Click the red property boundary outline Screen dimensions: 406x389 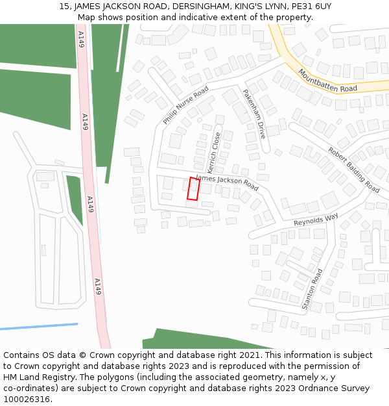coord(193,188)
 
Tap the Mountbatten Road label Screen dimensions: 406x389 coord(327,81)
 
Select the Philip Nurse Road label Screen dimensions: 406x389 coord(185,105)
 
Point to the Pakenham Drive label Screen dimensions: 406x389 coord(253,114)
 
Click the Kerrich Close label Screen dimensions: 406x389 coord(214,153)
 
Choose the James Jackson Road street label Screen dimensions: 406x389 coord(227,183)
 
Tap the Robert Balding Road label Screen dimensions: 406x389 coord(353,170)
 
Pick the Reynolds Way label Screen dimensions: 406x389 coord(316,220)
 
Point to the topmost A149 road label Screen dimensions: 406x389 coord(81,38)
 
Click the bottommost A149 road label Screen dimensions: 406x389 coord(98,286)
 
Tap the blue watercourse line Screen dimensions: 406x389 coord(39,326)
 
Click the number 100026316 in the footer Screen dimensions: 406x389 coord(27,399)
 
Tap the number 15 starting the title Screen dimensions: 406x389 coord(64,6)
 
